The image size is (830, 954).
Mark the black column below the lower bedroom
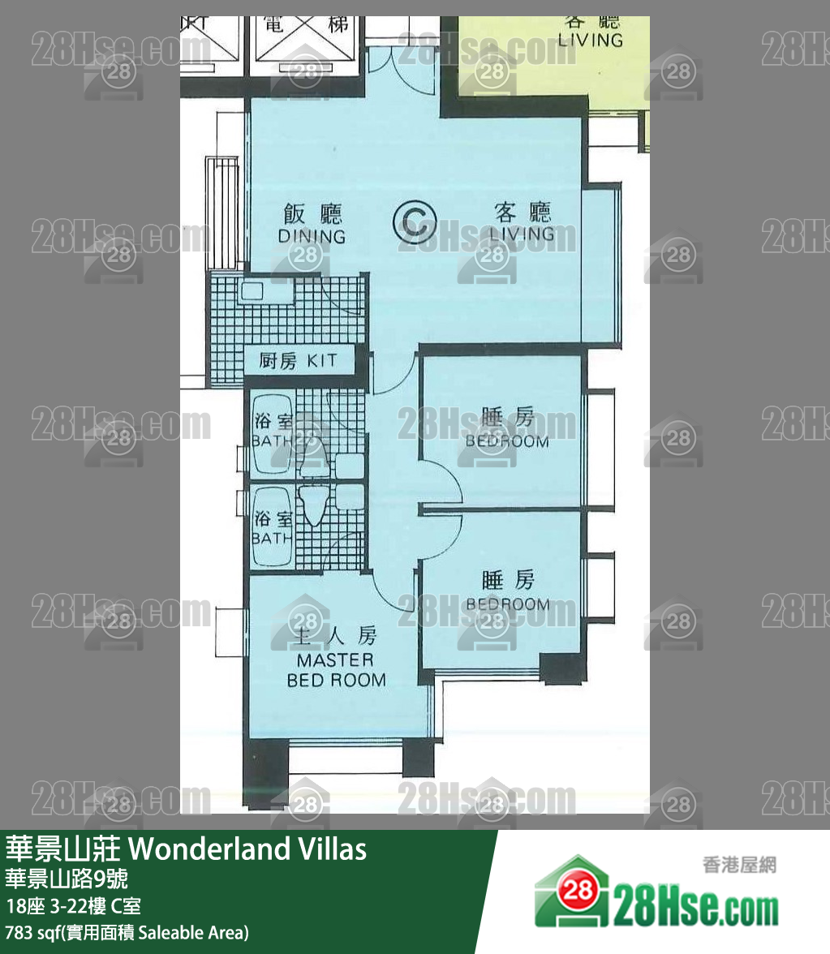[x=563, y=668]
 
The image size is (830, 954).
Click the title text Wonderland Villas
[x=247, y=849]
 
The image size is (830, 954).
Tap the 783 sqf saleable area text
[x=127, y=932]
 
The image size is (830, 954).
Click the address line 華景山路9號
[x=66, y=879]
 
